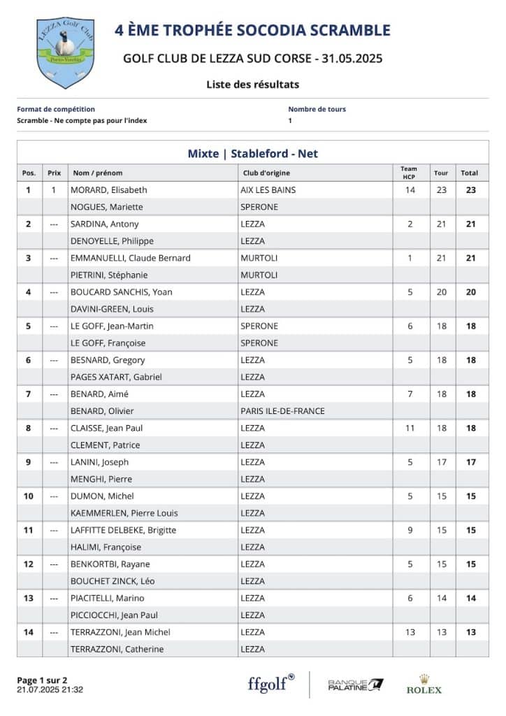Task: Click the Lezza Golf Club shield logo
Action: click(x=65, y=53)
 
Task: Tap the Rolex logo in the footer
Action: click(x=424, y=685)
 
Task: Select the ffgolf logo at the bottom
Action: click(x=271, y=682)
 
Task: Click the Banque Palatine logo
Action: click(x=356, y=684)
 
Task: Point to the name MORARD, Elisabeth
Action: click(x=109, y=189)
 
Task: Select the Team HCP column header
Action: click(x=410, y=172)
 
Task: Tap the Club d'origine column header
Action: click(x=266, y=173)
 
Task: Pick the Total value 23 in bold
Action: click(x=471, y=189)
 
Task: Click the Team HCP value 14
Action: click(x=410, y=189)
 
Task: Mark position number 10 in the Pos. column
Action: click(x=29, y=496)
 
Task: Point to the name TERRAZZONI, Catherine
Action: click(x=117, y=650)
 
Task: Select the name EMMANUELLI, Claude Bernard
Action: click(x=131, y=258)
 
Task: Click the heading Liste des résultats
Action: click(x=252, y=85)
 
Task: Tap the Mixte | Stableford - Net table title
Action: click(x=252, y=154)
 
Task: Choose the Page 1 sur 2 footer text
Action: click(x=42, y=680)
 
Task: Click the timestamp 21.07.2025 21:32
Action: click(x=50, y=689)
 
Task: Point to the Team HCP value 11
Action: click(x=410, y=428)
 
